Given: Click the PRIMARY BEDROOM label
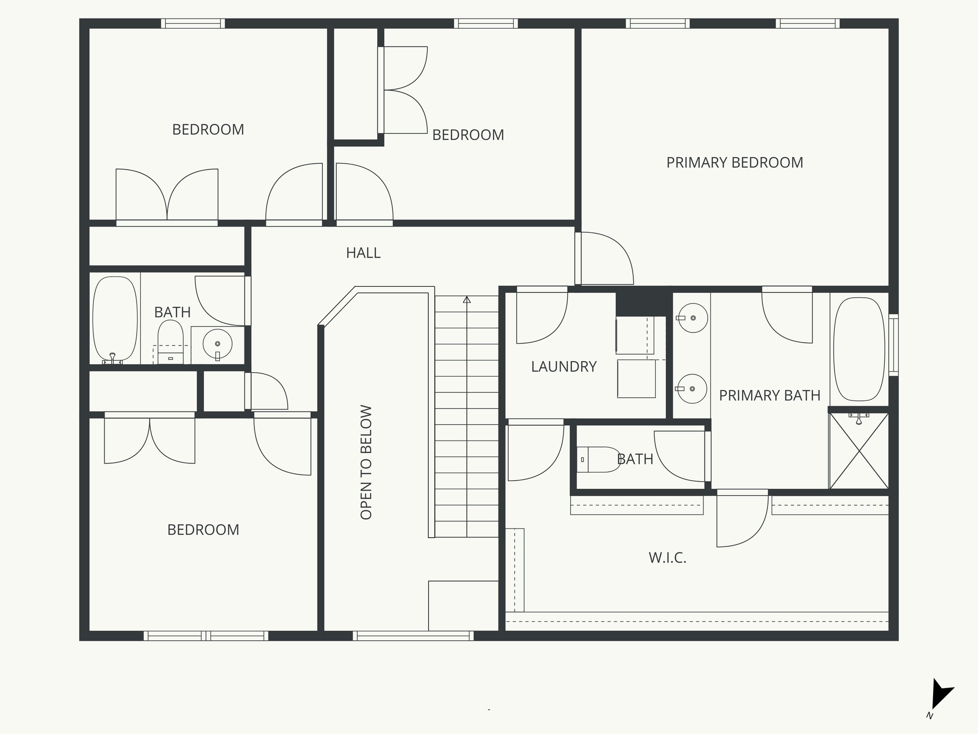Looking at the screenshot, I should point(734,162).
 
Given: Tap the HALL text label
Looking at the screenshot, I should point(363,253).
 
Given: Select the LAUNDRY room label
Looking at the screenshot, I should point(563,367).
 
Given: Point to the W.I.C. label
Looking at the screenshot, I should point(667,558).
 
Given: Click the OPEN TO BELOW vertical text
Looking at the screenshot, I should point(366,462).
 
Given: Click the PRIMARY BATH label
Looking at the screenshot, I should point(769,395).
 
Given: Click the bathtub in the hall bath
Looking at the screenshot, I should point(115,319).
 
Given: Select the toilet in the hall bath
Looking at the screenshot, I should point(170,340).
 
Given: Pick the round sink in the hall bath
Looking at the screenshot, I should point(217,343).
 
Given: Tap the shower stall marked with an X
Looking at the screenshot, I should point(859,451).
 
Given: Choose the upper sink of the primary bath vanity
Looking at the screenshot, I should point(692,318).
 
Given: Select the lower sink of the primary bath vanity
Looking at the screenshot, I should point(692,389).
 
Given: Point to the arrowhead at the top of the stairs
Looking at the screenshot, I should point(467,300).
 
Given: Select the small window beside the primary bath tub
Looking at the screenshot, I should point(893,345).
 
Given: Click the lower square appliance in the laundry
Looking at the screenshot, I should point(636,378).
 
